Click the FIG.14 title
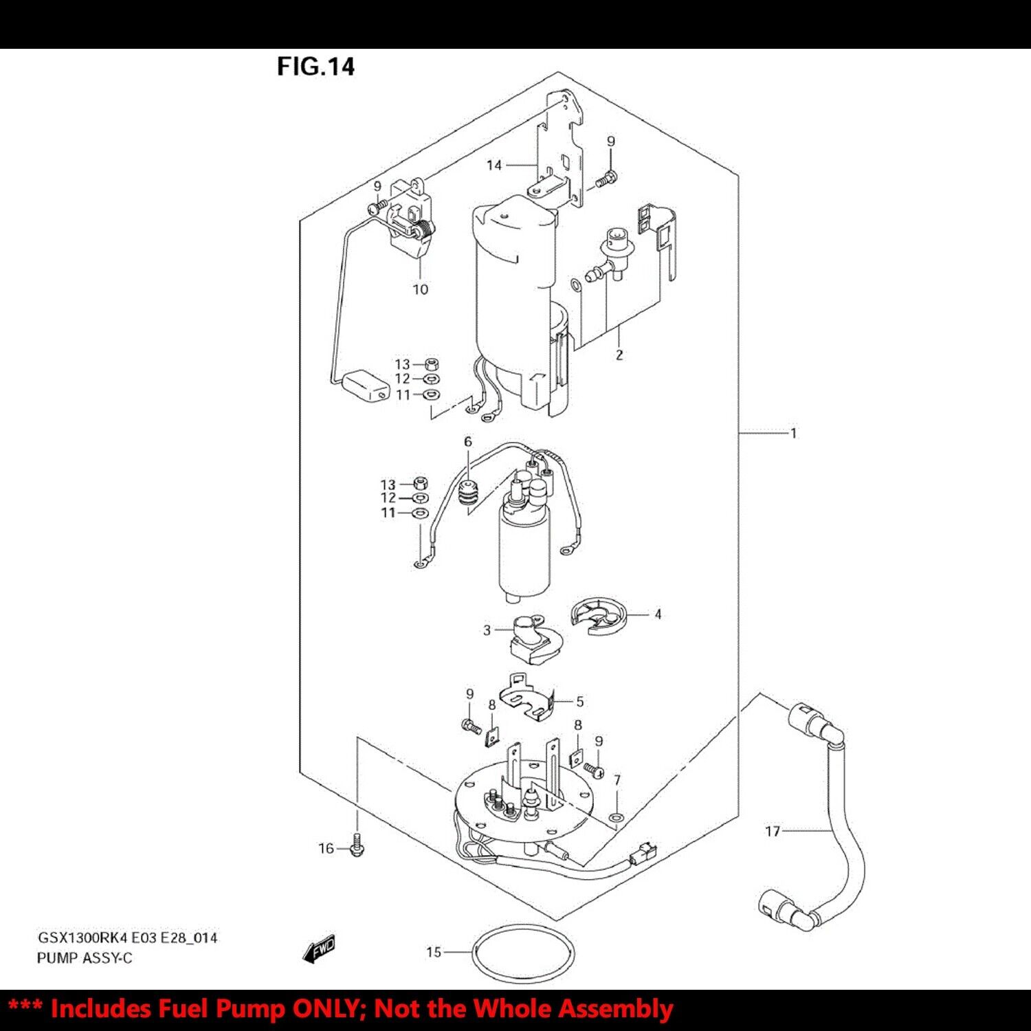coord(315,67)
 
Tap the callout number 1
coord(794,433)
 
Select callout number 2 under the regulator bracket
coord(619,355)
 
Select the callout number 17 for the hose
coord(773,831)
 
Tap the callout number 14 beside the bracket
coord(494,165)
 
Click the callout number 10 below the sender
coord(420,289)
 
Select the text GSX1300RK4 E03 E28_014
coord(127,938)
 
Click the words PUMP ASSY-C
coord(85,957)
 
